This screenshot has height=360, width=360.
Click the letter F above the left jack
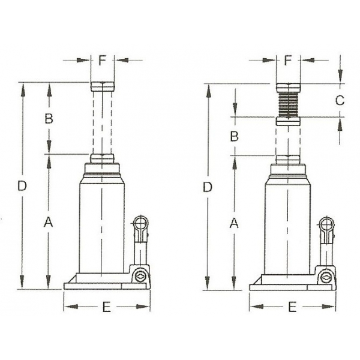102,60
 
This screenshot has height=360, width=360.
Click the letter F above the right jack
288,60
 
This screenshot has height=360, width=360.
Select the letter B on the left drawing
50,118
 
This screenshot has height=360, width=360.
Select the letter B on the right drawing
235,136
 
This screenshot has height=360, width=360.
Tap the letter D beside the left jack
22,187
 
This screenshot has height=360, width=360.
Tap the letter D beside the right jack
208,187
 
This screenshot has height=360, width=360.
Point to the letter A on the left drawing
50,223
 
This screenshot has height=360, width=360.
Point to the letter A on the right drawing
235,223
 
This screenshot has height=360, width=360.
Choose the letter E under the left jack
106,307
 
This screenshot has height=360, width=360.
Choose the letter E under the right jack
292,307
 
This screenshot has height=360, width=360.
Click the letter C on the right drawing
339,100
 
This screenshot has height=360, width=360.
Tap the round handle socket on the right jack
327,224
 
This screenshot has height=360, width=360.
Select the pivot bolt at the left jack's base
140,276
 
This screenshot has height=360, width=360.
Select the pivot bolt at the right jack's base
325,276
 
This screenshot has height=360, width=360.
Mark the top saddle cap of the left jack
102,86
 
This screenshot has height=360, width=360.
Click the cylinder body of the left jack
102,222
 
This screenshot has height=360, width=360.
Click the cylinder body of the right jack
287,222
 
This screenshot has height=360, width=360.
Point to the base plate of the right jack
282,285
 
